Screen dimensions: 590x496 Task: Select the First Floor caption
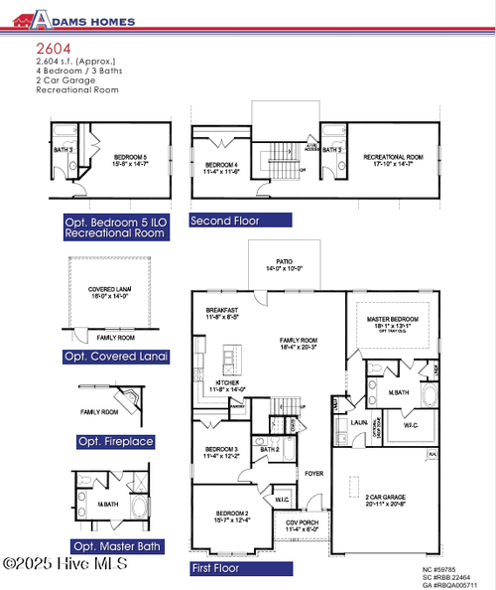pyautogui.click(x=215, y=568)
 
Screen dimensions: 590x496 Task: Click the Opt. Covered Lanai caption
pyautogui.click(x=116, y=356)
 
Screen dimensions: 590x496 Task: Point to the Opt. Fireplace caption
pyautogui.click(x=116, y=441)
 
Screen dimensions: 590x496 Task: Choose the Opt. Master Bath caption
pyautogui.click(x=117, y=546)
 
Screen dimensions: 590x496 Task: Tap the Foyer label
pyautogui.click(x=313, y=473)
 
